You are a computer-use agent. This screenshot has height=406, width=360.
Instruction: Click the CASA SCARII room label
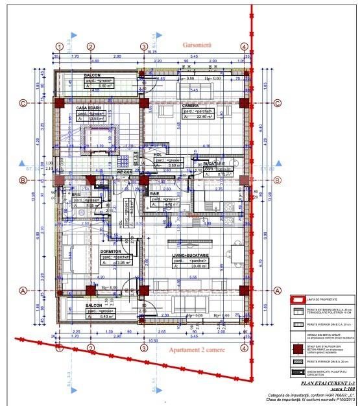(90, 108)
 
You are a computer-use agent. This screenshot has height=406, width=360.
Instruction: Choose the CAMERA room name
(190, 105)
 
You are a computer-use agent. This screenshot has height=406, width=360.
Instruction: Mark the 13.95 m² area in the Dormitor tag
(119, 263)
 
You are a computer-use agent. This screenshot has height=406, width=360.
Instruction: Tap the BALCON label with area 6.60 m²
(96, 75)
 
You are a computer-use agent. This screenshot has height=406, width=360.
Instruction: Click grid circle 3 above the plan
(144, 47)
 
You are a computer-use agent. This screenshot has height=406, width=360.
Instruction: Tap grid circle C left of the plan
(23, 103)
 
